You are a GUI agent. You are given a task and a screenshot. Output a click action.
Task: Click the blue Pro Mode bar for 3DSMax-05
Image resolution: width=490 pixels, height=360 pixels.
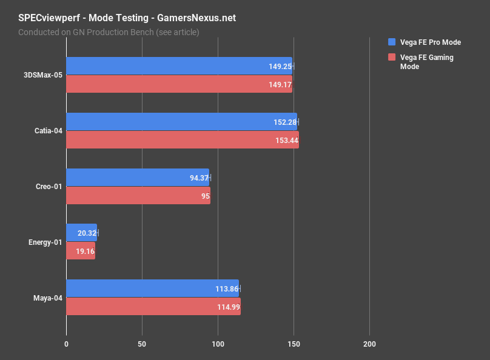pyautogui.click(x=179, y=66)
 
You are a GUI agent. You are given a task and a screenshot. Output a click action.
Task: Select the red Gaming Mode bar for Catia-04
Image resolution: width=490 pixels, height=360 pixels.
pyautogui.click(x=182, y=140)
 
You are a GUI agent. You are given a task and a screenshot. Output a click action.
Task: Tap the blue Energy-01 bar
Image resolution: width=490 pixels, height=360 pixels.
pyautogui.click(x=81, y=233)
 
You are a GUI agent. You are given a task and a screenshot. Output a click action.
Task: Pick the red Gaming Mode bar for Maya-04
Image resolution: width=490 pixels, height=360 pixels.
pyautogui.click(x=153, y=307)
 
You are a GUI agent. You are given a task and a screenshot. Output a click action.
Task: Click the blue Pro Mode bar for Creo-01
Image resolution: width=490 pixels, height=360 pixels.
pyautogui.click(x=137, y=178)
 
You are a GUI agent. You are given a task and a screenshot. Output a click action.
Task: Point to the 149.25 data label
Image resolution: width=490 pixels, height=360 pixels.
pyautogui.click(x=280, y=66)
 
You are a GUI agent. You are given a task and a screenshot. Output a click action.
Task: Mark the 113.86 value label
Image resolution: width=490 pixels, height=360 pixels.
pyautogui.click(x=226, y=288)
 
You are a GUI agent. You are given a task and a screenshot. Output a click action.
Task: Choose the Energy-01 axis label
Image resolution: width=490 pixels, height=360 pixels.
pyautogui.click(x=45, y=242)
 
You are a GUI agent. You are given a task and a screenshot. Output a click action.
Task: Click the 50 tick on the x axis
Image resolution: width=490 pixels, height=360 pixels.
pyautogui.click(x=142, y=344)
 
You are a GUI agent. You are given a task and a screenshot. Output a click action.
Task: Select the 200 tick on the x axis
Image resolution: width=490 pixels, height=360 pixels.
pyautogui.click(x=369, y=344)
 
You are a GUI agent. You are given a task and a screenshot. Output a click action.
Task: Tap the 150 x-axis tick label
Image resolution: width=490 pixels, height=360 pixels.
pyautogui.click(x=294, y=344)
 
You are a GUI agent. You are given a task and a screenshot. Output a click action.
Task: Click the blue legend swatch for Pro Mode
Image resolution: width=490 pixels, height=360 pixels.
pyautogui.click(x=392, y=42)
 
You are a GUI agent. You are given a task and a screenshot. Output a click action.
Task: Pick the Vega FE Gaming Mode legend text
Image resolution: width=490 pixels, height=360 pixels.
pyautogui.click(x=427, y=62)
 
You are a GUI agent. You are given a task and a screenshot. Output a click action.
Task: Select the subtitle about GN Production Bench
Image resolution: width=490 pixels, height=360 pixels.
pyautogui.click(x=109, y=32)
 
